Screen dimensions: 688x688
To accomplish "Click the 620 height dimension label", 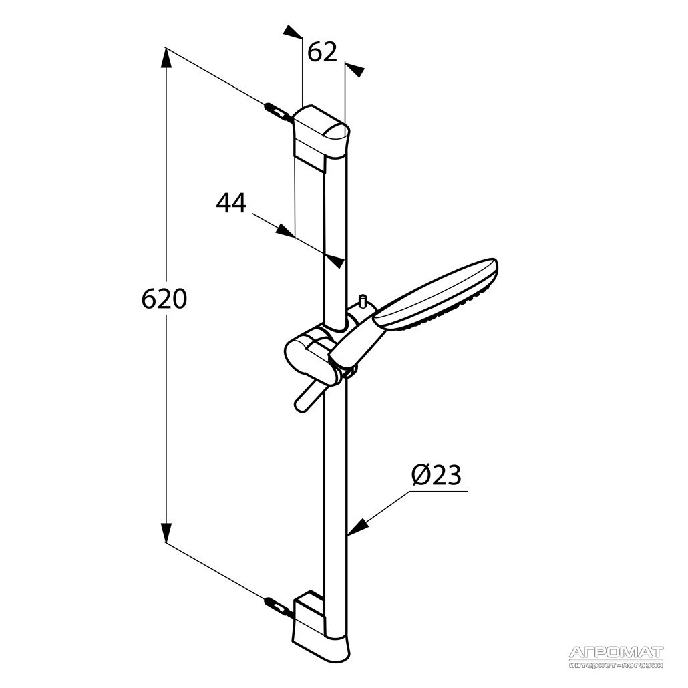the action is click(164, 299).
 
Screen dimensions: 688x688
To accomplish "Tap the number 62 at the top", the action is click(321, 52).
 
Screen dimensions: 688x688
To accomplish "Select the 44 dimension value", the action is click(231, 202).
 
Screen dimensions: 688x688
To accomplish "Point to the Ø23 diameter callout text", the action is click(437, 475).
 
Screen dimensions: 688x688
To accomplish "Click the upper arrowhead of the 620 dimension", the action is click(166, 59).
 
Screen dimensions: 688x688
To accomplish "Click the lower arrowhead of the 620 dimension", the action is click(166, 532).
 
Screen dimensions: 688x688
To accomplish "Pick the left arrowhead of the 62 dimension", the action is click(293, 31).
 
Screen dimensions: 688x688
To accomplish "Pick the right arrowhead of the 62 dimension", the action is click(355, 69).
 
